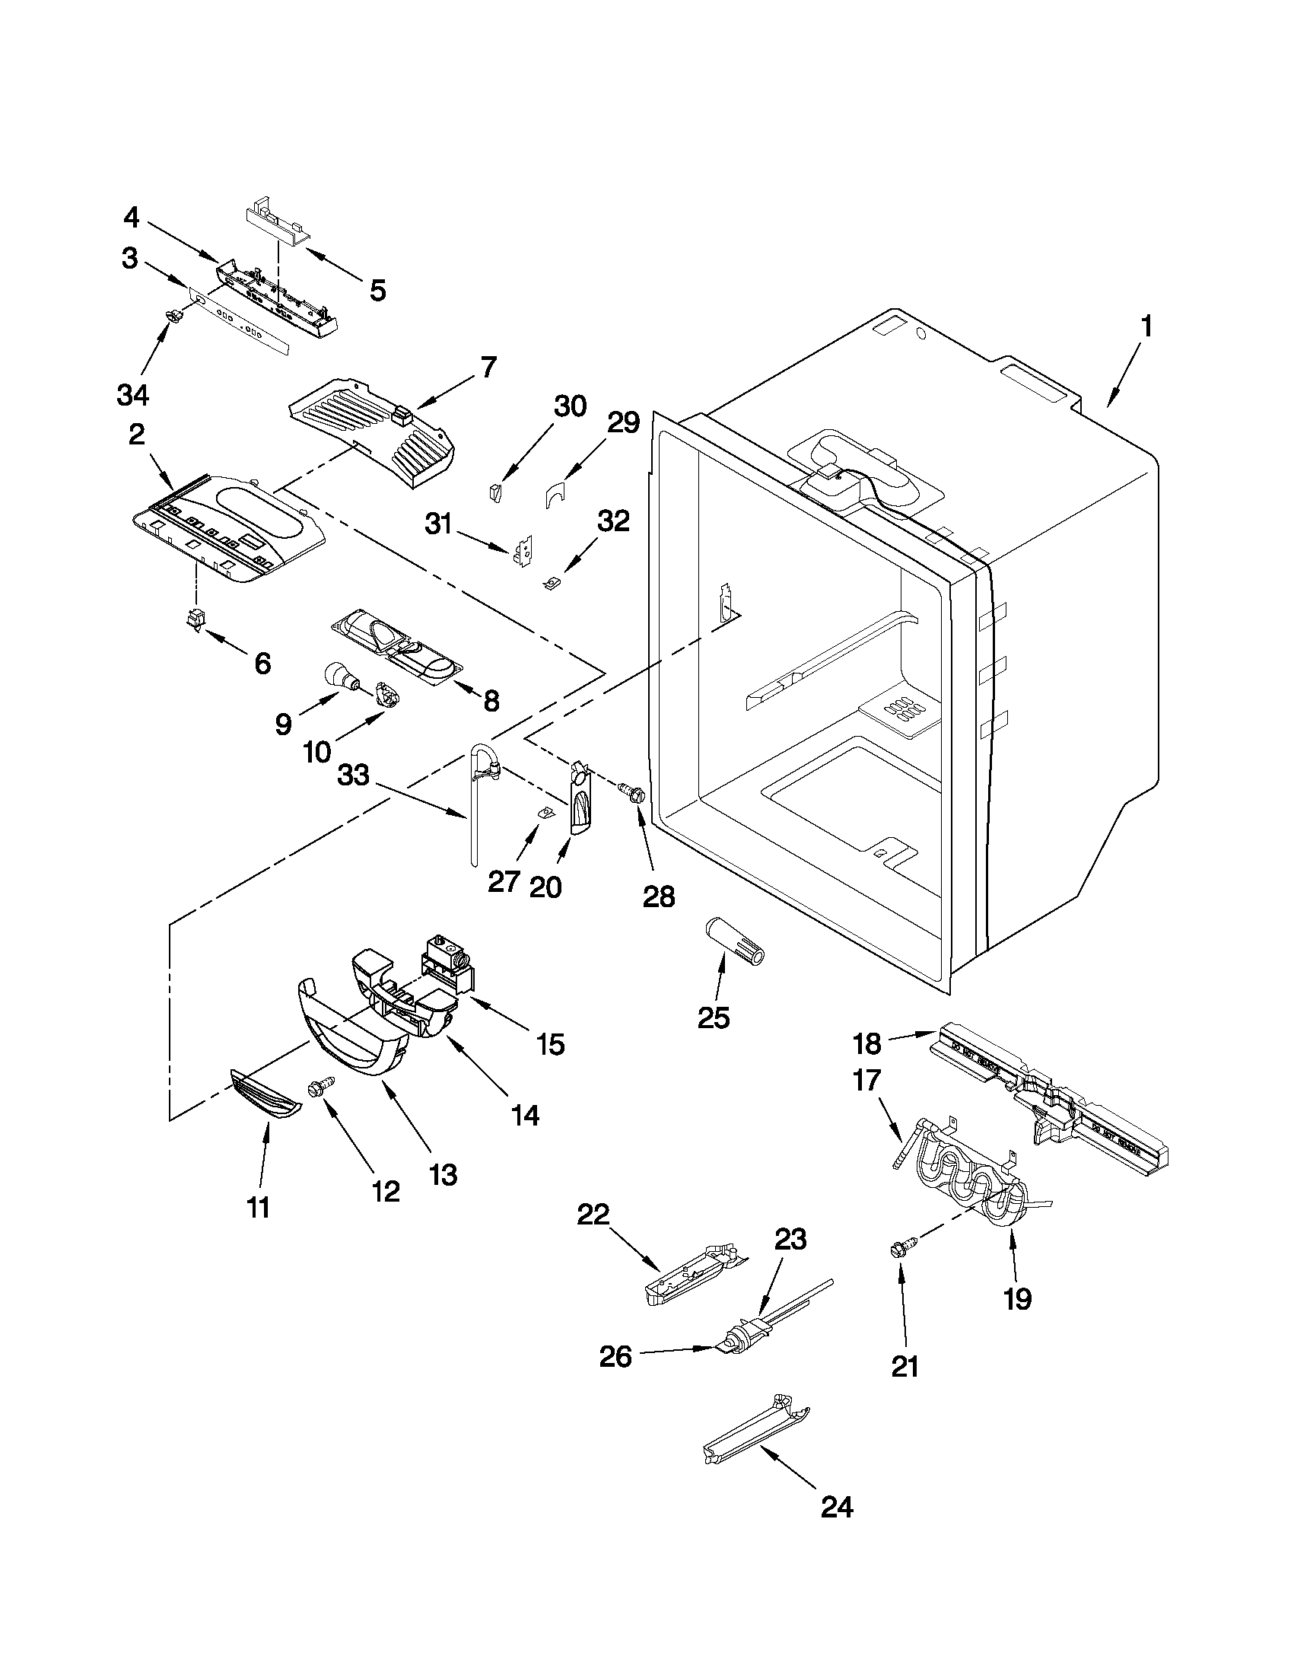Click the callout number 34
click(132, 395)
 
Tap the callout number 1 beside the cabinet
click(1146, 327)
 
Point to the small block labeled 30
click(495, 492)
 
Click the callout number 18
click(869, 1044)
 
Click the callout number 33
click(354, 775)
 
